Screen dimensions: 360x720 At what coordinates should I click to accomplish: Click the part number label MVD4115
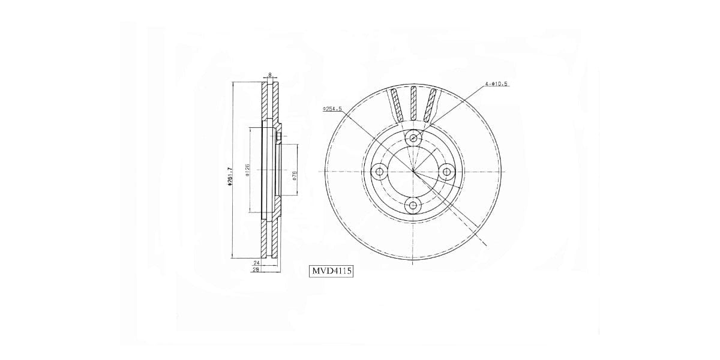(331, 271)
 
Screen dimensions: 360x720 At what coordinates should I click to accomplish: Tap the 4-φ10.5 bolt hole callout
(496, 84)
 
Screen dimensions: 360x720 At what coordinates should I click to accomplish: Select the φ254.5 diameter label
(332, 109)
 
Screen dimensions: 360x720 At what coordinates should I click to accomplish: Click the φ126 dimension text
(247, 170)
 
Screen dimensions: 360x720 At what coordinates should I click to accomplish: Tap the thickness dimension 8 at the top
(270, 75)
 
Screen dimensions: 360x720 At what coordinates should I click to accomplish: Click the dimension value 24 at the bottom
(255, 263)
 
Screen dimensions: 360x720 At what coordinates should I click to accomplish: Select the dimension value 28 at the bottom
(255, 270)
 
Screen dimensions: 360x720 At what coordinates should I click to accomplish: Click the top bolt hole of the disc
(413, 138)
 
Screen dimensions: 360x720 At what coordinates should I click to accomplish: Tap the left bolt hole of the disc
(379, 172)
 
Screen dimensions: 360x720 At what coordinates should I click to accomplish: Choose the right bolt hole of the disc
(447, 172)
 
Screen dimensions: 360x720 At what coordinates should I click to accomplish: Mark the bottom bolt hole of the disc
(412, 206)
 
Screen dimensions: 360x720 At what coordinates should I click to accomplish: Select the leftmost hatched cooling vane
(396, 103)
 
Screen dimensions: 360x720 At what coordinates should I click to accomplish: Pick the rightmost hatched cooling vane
(430, 103)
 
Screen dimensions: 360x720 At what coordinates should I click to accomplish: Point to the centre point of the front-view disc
(413, 172)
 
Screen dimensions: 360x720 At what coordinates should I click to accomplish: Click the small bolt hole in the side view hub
(280, 137)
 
